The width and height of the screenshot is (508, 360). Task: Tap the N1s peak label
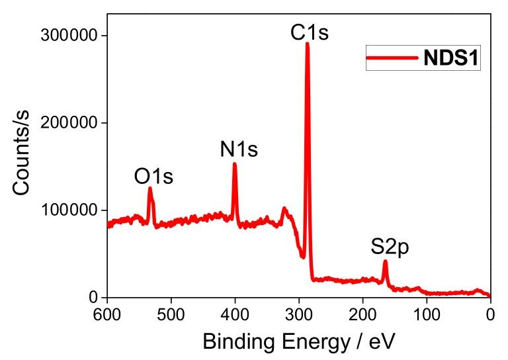(x=239, y=150)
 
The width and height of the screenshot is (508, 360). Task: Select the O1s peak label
(x=153, y=177)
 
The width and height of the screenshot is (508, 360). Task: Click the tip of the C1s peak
(x=307, y=44)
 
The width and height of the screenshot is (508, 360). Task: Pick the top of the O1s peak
(x=150, y=189)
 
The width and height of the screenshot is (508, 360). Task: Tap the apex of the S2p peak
(x=385, y=261)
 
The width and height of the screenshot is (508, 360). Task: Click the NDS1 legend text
(x=451, y=59)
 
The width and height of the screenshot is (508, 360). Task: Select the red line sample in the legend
(x=393, y=59)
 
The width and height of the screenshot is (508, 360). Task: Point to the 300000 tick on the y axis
(x=71, y=36)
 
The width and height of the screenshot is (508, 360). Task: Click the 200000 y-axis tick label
(x=71, y=123)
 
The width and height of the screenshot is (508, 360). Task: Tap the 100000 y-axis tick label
(x=71, y=210)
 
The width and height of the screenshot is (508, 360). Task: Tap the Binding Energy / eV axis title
(x=299, y=342)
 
